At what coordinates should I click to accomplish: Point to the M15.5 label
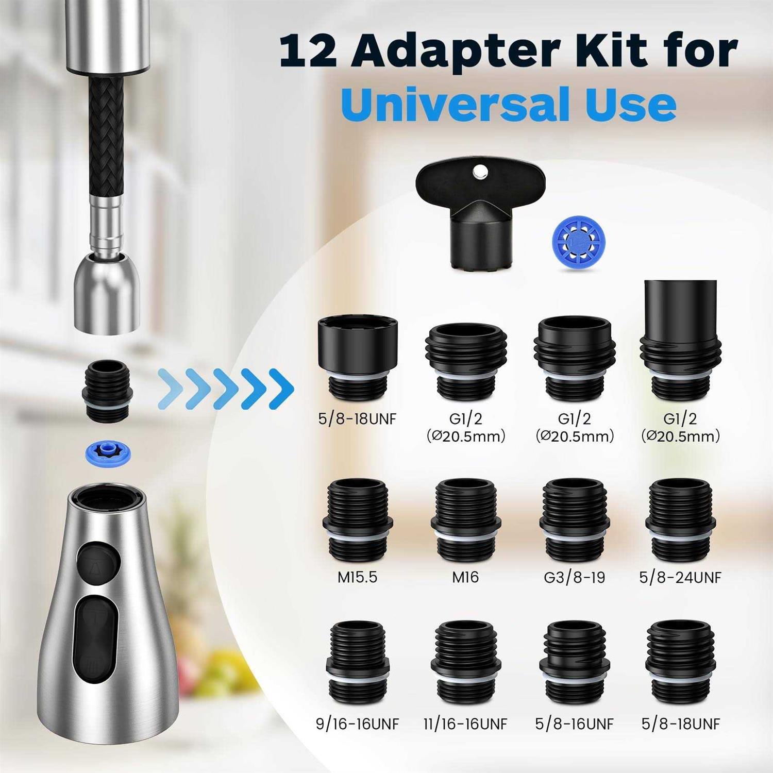click(357, 577)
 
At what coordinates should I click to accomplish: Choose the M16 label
click(465, 577)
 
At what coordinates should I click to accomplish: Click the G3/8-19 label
click(574, 577)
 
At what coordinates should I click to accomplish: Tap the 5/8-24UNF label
click(680, 577)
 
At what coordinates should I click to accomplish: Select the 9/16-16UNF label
click(357, 724)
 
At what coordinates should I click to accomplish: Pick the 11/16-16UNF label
click(465, 724)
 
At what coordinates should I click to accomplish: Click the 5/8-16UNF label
click(574, 724)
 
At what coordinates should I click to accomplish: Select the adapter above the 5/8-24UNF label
click(681, 520)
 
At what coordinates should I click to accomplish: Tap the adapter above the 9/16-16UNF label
click(358, 664)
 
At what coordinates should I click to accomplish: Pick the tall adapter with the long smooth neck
click(681, 340)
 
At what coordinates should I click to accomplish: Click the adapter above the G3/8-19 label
click(575, 520)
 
